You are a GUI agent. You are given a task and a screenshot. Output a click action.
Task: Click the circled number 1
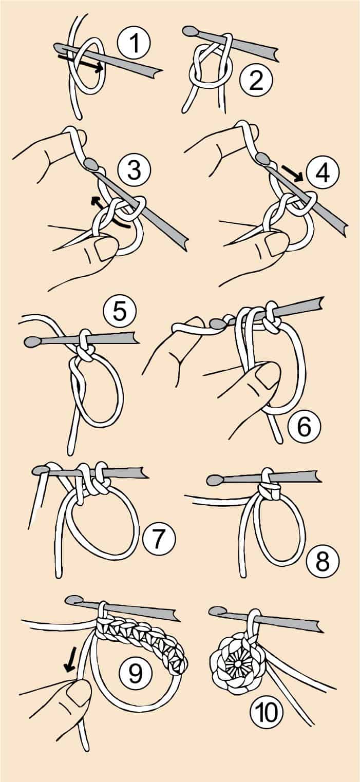pyautogui.click(x=134, y=43)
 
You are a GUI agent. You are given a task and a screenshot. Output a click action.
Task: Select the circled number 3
pyautogui.click(x=134, y=170)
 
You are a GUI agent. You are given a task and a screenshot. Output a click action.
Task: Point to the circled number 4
pyautogui.click(x=322, y=171)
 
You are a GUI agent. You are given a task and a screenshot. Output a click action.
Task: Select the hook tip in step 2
pyautogui.click(x=191, y=31)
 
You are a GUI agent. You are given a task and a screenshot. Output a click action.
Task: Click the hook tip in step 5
pyautogui.click(x=32, y=342)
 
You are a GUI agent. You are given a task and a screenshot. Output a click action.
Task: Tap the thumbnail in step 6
pyautogui.click(x=268, y=376)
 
